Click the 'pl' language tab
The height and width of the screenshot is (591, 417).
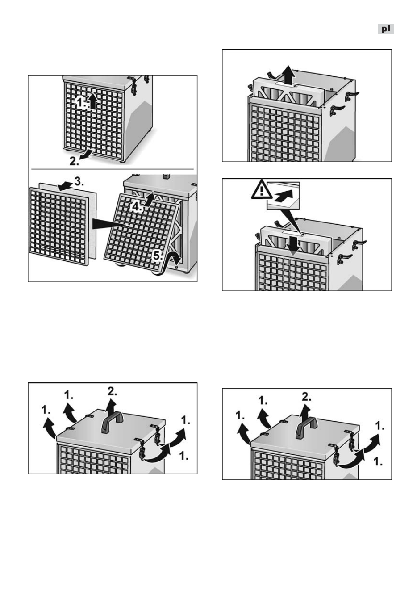386,29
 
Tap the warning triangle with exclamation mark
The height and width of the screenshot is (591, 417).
261,190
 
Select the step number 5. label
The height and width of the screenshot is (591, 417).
158,256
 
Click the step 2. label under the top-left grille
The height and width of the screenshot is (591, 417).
74,161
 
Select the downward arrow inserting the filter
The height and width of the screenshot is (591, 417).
293,245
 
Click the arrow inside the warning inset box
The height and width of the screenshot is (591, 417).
284,196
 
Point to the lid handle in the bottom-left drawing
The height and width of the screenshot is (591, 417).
113,423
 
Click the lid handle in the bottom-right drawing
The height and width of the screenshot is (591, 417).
306,428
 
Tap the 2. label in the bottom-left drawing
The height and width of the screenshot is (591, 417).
113,391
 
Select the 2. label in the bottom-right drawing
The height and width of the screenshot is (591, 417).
306,397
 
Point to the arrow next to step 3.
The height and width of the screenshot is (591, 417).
65,186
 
